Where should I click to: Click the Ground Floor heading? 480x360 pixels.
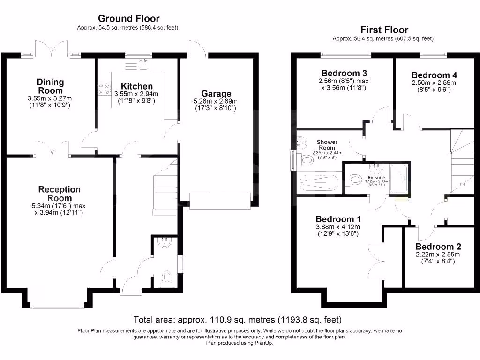pyautogui.click(x=128, y=19)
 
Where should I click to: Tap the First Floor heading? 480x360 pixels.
pyautogui.click(x=384, y=30)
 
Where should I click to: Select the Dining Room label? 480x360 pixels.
pyautogui.click(x=50, y=86)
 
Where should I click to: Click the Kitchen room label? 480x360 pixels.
pyautogui.click(x=137, y=86)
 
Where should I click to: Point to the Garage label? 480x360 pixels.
pyautogui.click(x=216, y=93)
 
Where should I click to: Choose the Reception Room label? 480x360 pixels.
pyautogui.click(x=59, y=194)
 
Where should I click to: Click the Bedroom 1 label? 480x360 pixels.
pyautogui.click(x=338, y=219)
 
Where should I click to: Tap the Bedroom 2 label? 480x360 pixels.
pyautogui.click(x=438, y=247)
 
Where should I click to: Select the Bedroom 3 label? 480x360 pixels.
pyautogui.click(x=344, y=73)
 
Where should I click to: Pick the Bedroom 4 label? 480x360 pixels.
pyautogui.click(x=434, y=75)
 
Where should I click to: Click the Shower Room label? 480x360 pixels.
pyautogui.click(x=327, y=145)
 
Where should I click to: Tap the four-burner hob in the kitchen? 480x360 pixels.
pyautogui.click(x=104, y=89)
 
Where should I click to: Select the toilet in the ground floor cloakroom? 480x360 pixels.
pyautogui.click(x=167, y=277)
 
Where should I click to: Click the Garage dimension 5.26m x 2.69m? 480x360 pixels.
pyautogui.click(x=216, y=101)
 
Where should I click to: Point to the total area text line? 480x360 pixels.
pyautogui.click(x=237, y=320)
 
